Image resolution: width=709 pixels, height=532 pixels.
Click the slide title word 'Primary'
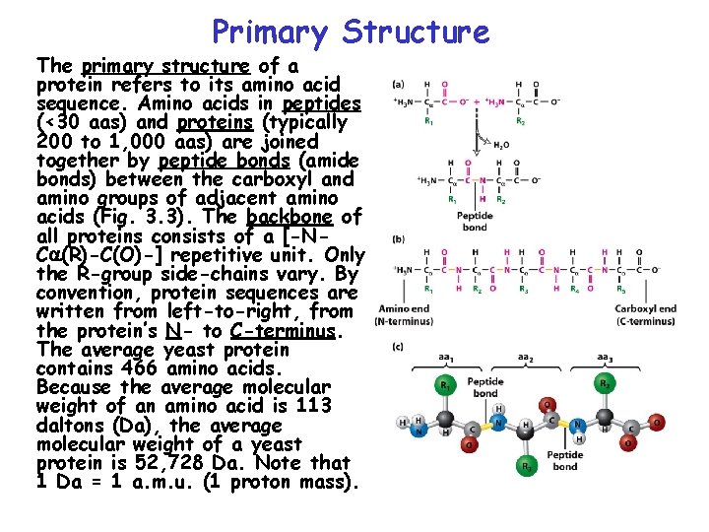[269, 33]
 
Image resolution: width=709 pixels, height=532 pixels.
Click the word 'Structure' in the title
[416, 33]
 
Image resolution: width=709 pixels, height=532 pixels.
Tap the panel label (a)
[398, 85]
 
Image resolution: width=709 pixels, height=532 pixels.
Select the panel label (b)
[398, 238]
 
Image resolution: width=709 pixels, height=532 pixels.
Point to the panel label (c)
[398, 346]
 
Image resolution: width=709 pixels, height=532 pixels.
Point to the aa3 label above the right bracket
[608, 357]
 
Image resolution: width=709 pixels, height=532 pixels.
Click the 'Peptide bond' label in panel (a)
[474, 221]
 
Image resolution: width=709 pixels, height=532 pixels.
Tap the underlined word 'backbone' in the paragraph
[289, 217]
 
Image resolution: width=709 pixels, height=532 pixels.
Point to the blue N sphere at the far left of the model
[420, 428]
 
